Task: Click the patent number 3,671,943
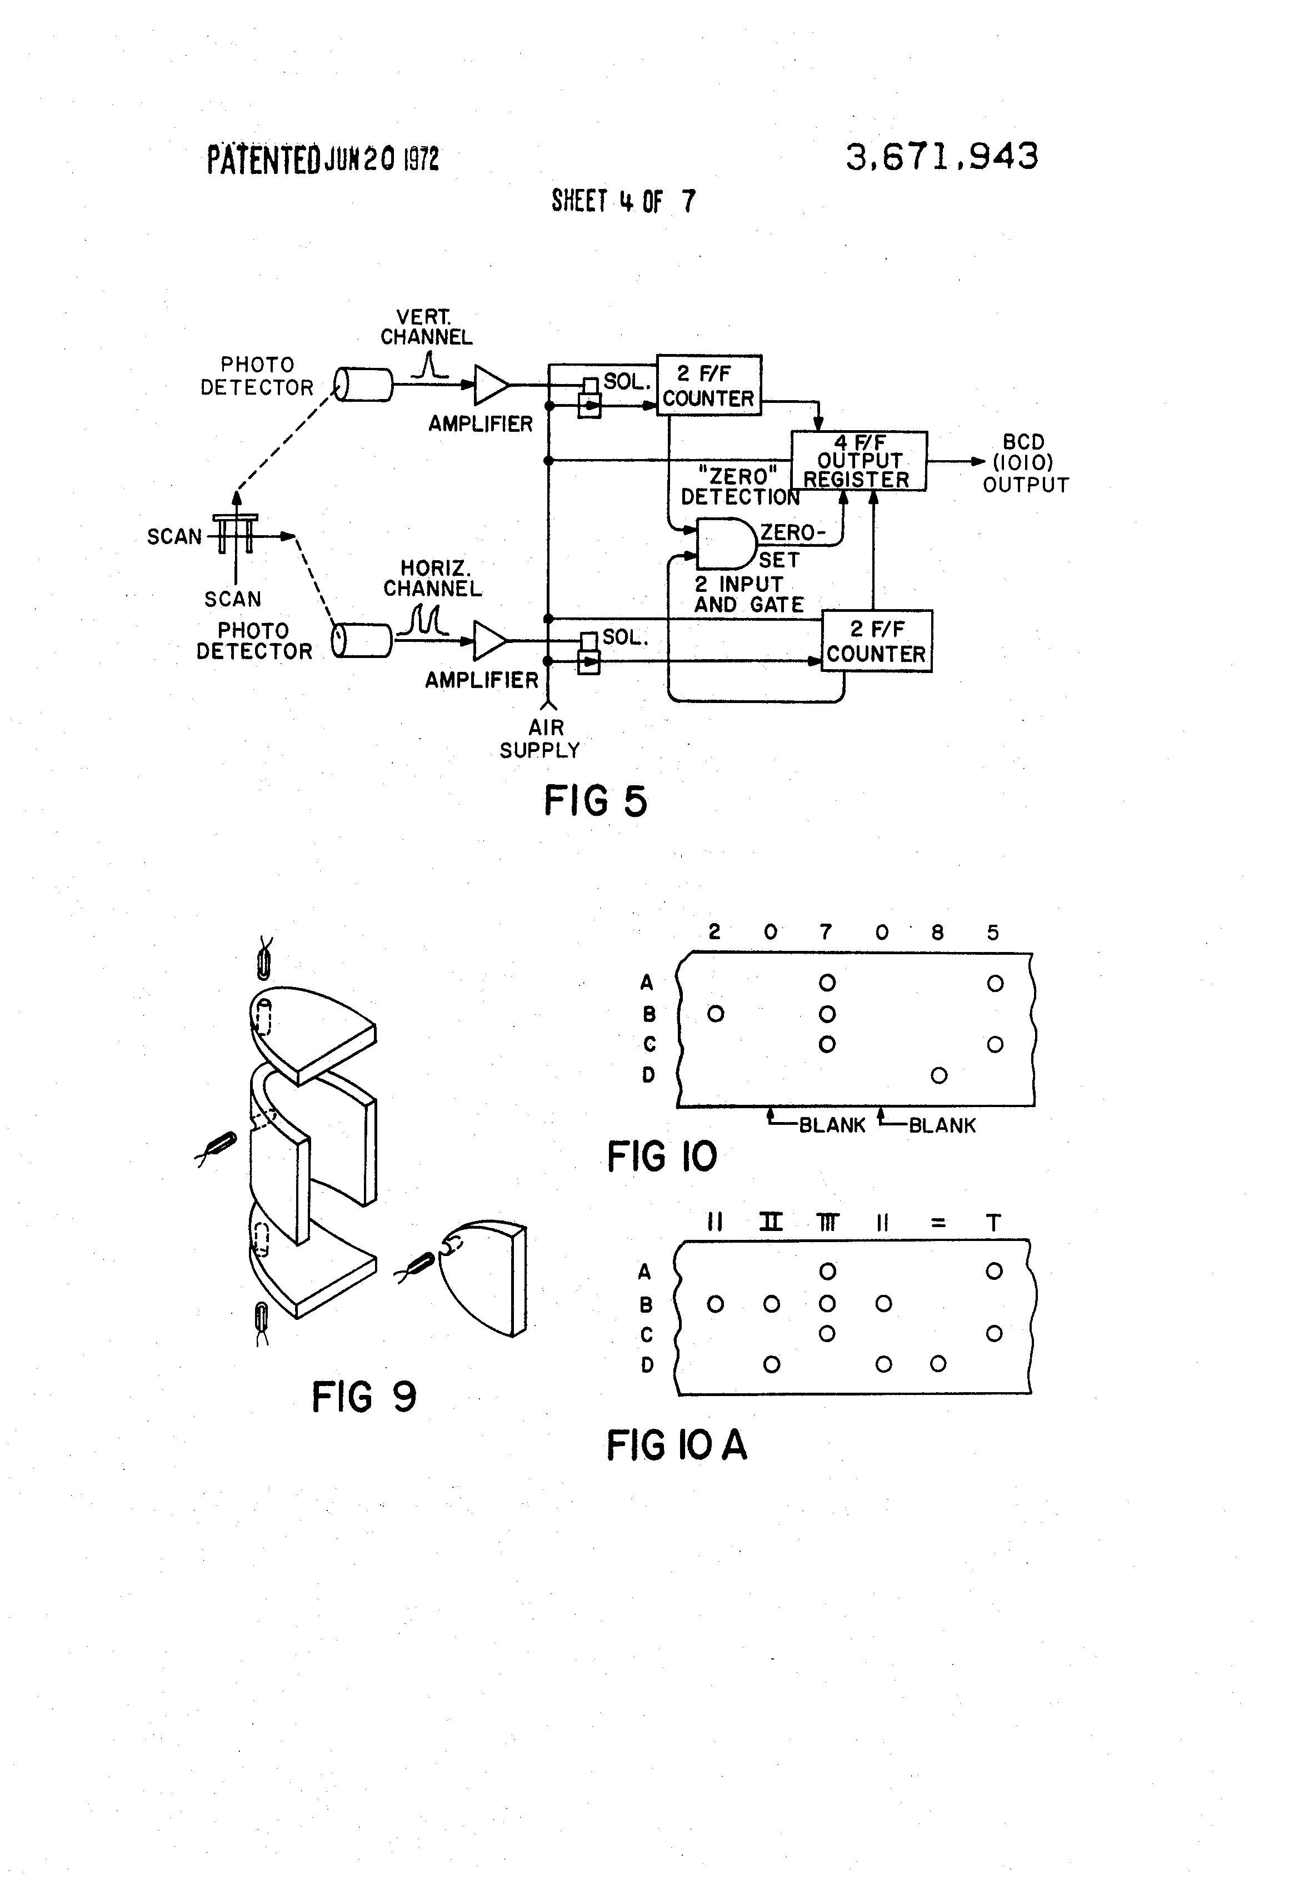942,157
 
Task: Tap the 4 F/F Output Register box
859,461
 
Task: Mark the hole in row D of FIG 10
938,1076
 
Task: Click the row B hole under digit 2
716,1014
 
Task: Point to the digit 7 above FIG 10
826,931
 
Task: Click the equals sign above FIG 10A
938,1223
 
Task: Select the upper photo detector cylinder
363,385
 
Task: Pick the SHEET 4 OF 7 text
623,201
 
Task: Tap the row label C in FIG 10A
647,1334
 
